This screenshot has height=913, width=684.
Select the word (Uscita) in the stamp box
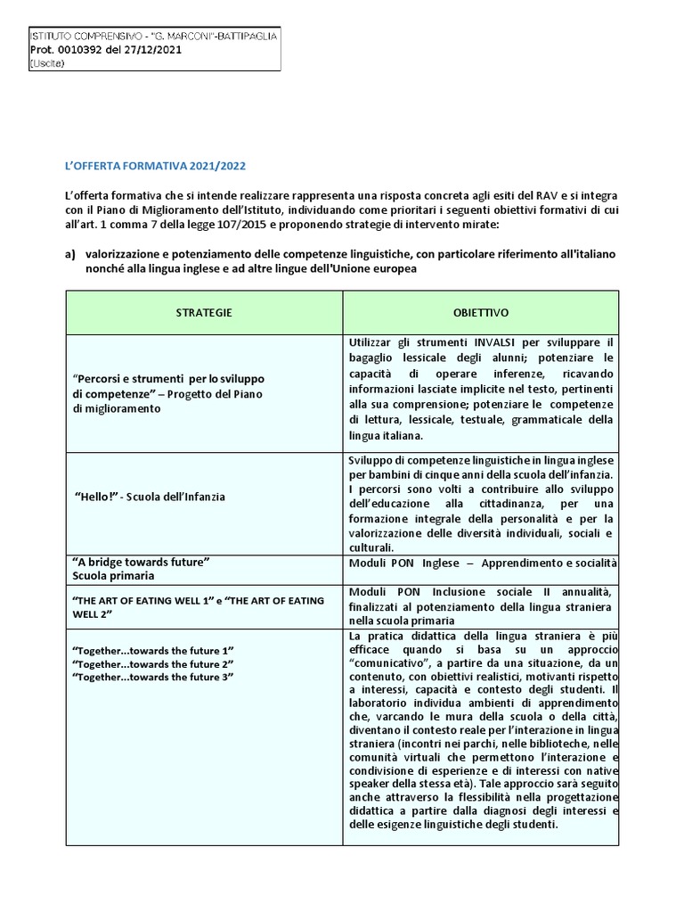(x=46, y=63)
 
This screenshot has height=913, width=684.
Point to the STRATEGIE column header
(x=204, y=312)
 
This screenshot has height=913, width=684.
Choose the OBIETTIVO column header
(x=480, y=312)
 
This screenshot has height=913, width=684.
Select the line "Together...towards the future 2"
(x=152, y=664)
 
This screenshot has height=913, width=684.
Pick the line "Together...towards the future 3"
(x=152, y=679)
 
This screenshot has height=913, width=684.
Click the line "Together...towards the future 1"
(x=152, y=650)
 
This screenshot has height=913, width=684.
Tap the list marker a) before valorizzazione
(x=70, y=254)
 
